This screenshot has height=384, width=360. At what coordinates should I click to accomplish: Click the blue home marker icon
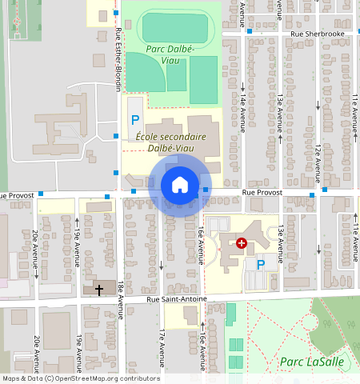tap(180, 185)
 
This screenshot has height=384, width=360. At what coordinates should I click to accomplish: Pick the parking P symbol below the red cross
tap(260, 264)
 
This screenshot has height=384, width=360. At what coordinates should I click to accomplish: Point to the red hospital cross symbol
tap(242, 242)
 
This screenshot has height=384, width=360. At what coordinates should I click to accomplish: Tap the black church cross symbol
tap(99, 290)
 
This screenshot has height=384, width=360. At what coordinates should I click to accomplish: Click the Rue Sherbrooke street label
tap(318, 34)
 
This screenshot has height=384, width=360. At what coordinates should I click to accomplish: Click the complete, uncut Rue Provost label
tap(262, 193)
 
